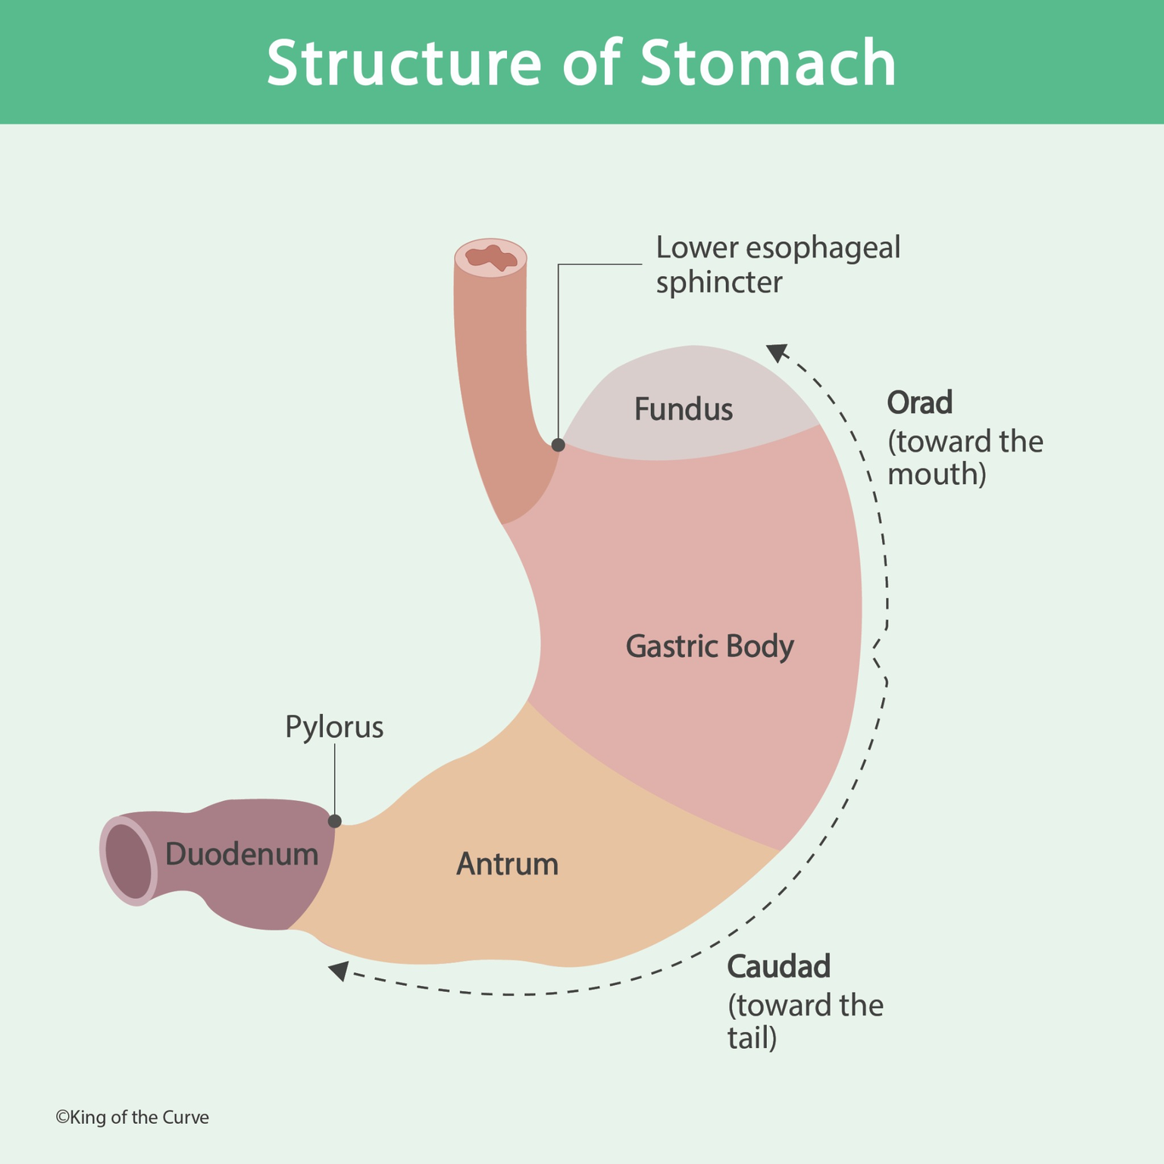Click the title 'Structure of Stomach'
pyautogui.click(x=581, y=64)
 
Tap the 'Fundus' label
pyautogui.click(x=683, y=410)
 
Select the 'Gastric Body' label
pyautogui.click(x=709, y=646)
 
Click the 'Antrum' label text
pyautogui.click(x=507, y=864)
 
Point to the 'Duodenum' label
pyautogui.click(x=242, y=854)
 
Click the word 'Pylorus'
pyautogui.click(x=334, y=727)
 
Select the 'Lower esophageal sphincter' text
pyautogui.click(x=777, y=264)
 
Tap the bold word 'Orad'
pyautogui.click(x=919, y=402)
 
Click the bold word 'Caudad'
pyautogui.click(x=778, y=966)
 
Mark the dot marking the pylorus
pyautogui.click(x=334, y=821)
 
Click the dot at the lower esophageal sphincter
pyautogui.click(x=558, y=445)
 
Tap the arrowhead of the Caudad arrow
pyautogui.click(x=338, y=970)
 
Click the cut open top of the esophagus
pyautogui.click(x=491, y=258)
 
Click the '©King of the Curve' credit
pyautogui.click(x=132, y=1118)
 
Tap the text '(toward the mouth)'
pyautogui.click(x=964, y=458)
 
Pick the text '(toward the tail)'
pyautogui.click(x=805, y=1022)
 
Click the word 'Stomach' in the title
pyautogui.click(x=768, y=64)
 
